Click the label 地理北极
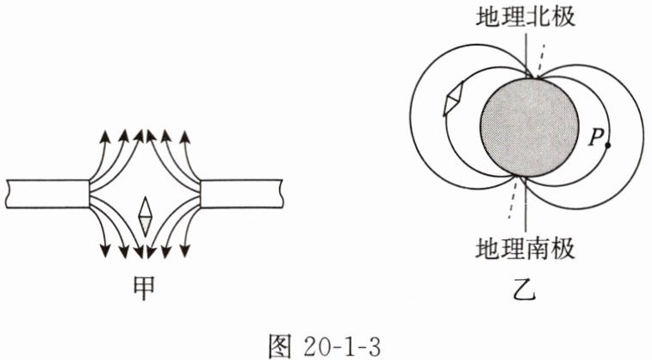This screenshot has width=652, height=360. (x=525, y=16)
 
